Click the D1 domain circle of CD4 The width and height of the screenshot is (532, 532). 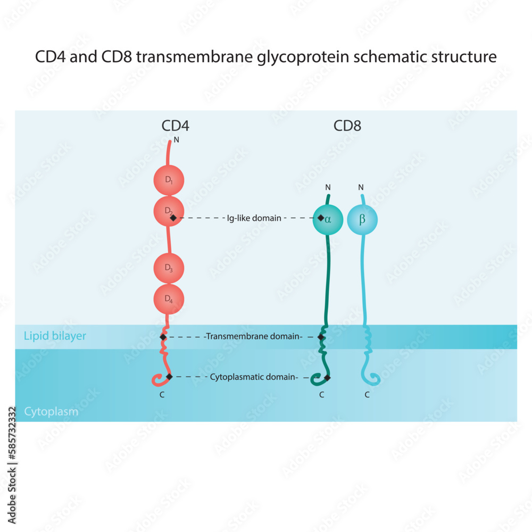(169, 180)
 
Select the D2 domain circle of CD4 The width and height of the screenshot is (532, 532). (169, 211)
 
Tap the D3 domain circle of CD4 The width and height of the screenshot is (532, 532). (169, 268)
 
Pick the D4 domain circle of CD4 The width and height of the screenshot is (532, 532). (169, 299)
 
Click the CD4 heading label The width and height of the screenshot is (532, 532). (176, 126)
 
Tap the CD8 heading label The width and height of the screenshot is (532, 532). (347, 126)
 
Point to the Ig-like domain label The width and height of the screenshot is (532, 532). (254, 218)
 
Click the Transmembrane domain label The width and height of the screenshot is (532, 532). (254, 336)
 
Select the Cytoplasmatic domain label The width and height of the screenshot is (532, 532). (257, 377)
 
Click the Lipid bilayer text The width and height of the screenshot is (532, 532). (55, 336)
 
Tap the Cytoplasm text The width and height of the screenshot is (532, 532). (51, 412)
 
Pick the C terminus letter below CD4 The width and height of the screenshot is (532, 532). (162, 395)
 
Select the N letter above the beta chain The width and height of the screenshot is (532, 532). (361, 187)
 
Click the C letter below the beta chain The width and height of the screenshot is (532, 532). (367, 395)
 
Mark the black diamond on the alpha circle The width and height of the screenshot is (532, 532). (321, 218)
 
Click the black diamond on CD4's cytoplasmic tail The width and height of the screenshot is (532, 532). (169, 377)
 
